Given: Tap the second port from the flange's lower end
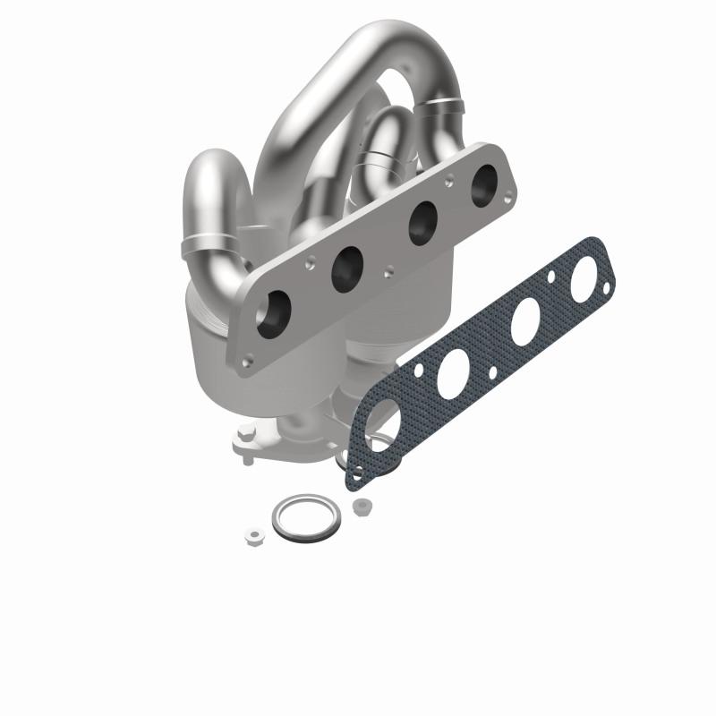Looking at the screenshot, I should [x=347, y=268].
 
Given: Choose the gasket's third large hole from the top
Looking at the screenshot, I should [x=455, y=371].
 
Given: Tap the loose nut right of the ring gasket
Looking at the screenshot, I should [x=362, y=507].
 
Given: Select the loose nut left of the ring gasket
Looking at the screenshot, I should [x=253, y=537].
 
